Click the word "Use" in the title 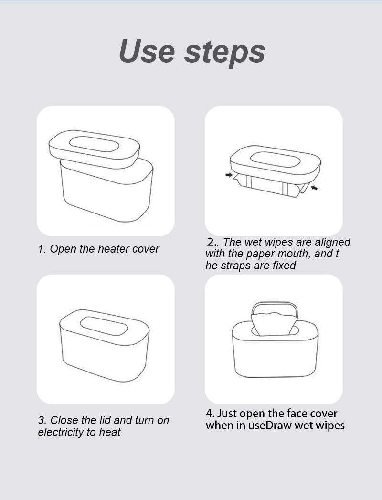tap(147, 51)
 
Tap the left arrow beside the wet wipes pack tap(229, 175)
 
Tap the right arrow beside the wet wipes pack tap(314, 188)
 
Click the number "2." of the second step tap(212, 242)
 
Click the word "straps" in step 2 tap(234, 266)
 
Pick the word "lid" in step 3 tap(105, 420)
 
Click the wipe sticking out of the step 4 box tap(274, 324)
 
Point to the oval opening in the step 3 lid tap(104, 326)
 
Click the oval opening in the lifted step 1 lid tap(94, 144)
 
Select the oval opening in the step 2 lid tap(275, 159)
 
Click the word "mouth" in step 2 tap(295, 254)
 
